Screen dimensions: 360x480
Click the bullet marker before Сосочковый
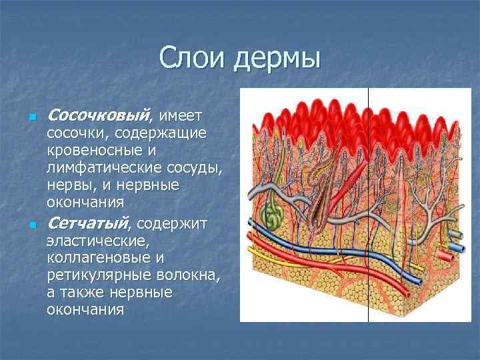31,119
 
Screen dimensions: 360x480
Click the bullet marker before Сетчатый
31,225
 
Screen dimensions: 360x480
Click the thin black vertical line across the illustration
369,267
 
